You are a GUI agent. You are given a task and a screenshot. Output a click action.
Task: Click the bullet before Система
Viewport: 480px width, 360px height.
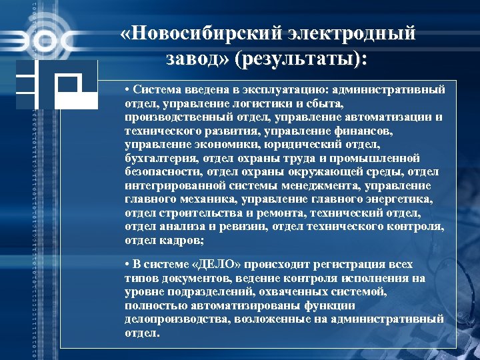point(127,89)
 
